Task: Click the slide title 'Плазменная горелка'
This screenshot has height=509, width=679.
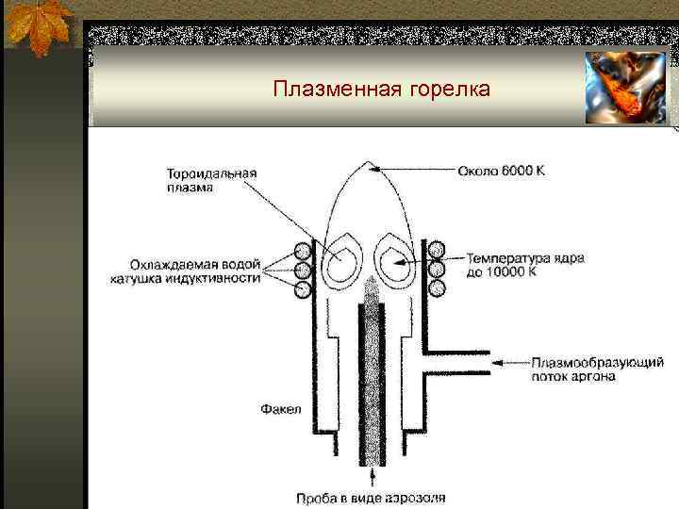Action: point(381,90)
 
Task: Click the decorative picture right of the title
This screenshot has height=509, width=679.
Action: point(624,88)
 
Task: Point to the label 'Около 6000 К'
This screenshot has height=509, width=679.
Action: point(501,171)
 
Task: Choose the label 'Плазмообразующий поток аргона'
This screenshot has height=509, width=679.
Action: point(597,369)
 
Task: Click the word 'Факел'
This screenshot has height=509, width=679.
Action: point(280,409)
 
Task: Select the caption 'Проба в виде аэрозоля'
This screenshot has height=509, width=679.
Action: point(382,497)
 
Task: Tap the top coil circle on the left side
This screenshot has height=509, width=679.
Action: point(303,252)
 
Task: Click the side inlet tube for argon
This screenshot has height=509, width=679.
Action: point(453,362)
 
